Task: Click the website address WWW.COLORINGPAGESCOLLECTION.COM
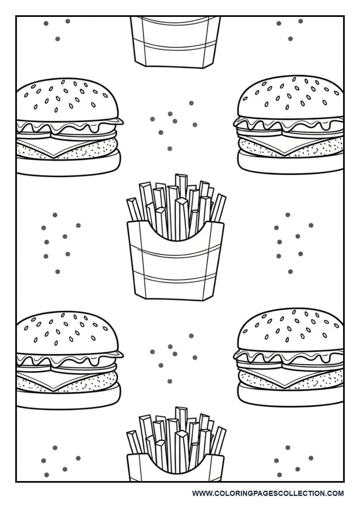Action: [x=268, y=493]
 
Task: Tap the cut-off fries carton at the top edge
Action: [x=176, y=40]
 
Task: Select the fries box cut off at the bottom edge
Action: [x=176, y=466]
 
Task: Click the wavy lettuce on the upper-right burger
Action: [x=289, y=124]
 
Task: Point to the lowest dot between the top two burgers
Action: [x=170, y=149]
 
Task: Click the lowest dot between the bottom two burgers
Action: [x=170, y=381]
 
